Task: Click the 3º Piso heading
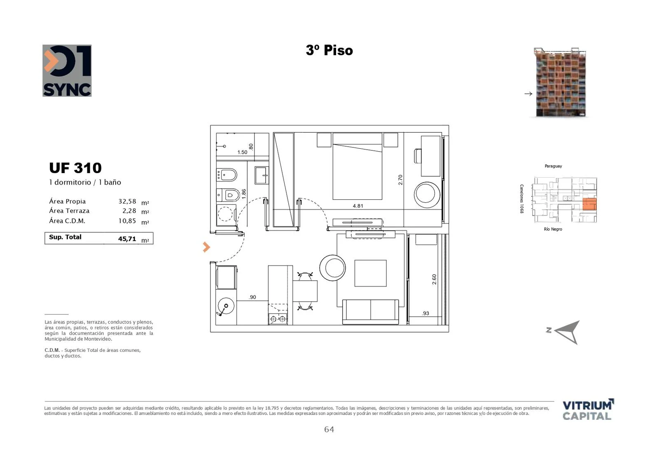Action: pyautogui.click(x=329, y=50)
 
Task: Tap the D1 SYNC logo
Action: pyautogui.click(x=67, y=70)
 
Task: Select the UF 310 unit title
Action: pyautogui.click(x=75, y=168)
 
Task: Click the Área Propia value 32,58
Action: pyautogui.click(x=127, y=201)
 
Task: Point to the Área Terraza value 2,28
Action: pyautogui.click(x=129, y=211)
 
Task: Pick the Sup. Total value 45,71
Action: pyautogui.click(x=127, y=239)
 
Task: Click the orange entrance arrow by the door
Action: pyautogui.click(x=206, y=247)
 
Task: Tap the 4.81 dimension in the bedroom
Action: pyautogui.click(x=358, y=206)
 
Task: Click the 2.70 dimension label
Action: pyautogui.click(x=400, y=180)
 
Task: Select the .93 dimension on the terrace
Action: pyautogui.click(x=425, y=313)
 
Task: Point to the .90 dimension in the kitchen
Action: pyautogui.click(x=252, y=297)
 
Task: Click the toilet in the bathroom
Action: pyautogui.click(x=228, y=195)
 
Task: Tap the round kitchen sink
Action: pyautogui.click(x=226, y=306)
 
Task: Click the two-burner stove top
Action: pyautogui.click(x=278, y=318)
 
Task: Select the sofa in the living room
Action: pyautogui.click(x=370, y=312)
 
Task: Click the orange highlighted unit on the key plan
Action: pyautogui.click(x=589, y=204)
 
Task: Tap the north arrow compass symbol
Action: pyautogui.click(x=567, y=332)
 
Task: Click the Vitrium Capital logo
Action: pyautogui.click(x=588, y=410)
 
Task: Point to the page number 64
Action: pyautogui.click(x=329, y=429)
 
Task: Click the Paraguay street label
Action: pyautogui.click(x=553, y=166)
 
